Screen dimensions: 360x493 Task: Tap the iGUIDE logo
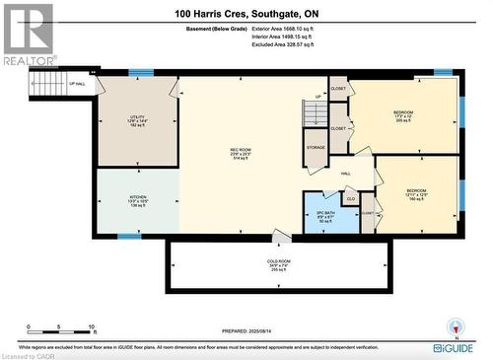[457, 346]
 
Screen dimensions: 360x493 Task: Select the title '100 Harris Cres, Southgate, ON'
[246, 12]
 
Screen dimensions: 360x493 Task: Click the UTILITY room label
[137, 122]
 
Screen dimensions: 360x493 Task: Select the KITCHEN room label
[138, 201]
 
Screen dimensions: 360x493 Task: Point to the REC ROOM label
[242, 154]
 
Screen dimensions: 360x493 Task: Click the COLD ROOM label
[279, 264]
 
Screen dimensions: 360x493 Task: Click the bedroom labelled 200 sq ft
[403, 114]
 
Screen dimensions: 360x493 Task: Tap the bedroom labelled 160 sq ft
[416, 193]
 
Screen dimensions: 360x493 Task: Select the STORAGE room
[316, 147]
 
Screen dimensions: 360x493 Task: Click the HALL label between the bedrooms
[346, 173]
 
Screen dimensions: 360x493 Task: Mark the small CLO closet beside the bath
[349, 199]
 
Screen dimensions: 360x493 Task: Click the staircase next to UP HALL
[44, 84]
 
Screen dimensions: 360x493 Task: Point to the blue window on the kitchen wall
[129, 236]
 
